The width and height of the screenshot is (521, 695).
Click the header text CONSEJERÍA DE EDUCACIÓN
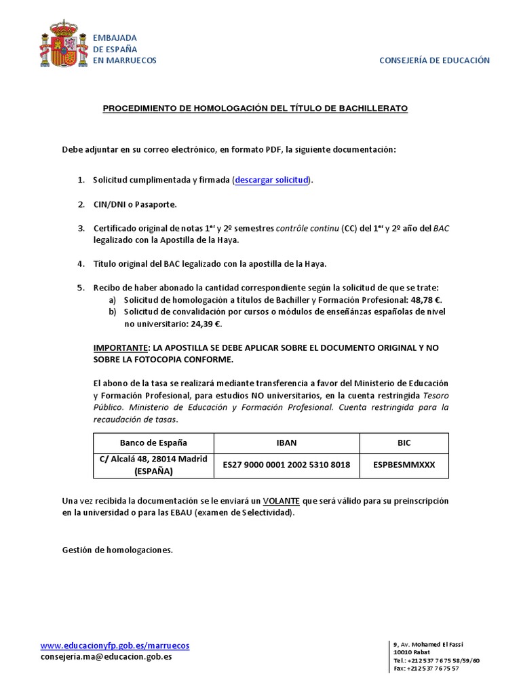coord(433,60)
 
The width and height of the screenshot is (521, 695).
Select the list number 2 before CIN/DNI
coord(81,204)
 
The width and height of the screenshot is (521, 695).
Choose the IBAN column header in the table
coord(286,443)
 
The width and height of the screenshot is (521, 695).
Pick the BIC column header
coord(404,443)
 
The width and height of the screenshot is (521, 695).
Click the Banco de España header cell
coord(153,443)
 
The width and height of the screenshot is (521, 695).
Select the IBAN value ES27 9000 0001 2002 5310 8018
coord(286,465)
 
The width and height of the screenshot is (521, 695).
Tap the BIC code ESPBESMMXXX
coord(404,465)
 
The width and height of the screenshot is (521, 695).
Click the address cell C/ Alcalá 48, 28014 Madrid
coord(153,465)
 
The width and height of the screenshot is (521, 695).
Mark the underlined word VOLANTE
coord(281,501)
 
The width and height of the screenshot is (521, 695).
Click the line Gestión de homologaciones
coord(117,550)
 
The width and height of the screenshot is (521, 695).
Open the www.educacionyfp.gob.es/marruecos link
coord(115,645)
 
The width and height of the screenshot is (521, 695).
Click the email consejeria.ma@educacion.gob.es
coord(106,657)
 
